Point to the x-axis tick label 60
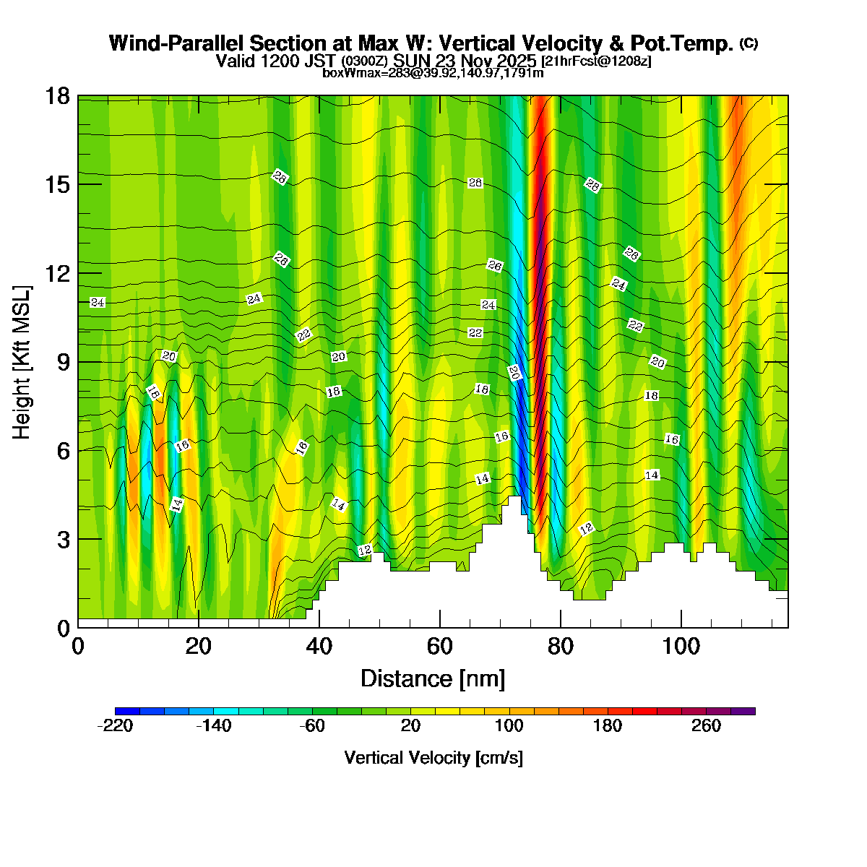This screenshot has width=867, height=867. pyautogui.click(x=439, y=646)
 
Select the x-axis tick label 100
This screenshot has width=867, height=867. pyautogui.click(x=681, y=646)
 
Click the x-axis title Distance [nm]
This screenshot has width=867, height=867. pyautogui.click(x=433, y=679)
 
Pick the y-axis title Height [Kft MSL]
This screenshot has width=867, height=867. pyautogui.click(x=22, y=362)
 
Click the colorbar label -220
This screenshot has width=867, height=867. pyautogui.click(x=115, y=726)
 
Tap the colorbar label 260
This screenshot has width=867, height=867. pyautogui.click(x=706, y=726)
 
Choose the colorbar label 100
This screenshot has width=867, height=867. pyautogui.click(x=509, y=726)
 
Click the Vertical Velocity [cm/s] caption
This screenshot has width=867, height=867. pyautogui.click(x=433, y=758)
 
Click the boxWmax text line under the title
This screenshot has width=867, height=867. pyautogui.click(x=433, y=72)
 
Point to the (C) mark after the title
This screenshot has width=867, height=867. pyautogui.click(x=749, y=43)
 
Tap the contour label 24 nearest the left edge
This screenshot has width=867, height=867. pyautogui.click(x=98, y=303)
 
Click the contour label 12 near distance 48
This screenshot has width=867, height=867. pyautogui.click(x=365, y=551)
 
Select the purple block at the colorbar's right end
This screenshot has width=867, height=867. pyautogui.click(x=743, y=711)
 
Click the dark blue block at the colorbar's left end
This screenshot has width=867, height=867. pyautogui.click(x=127, y=711)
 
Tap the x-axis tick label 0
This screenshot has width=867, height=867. pyautogui.click(x=78, y=646)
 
